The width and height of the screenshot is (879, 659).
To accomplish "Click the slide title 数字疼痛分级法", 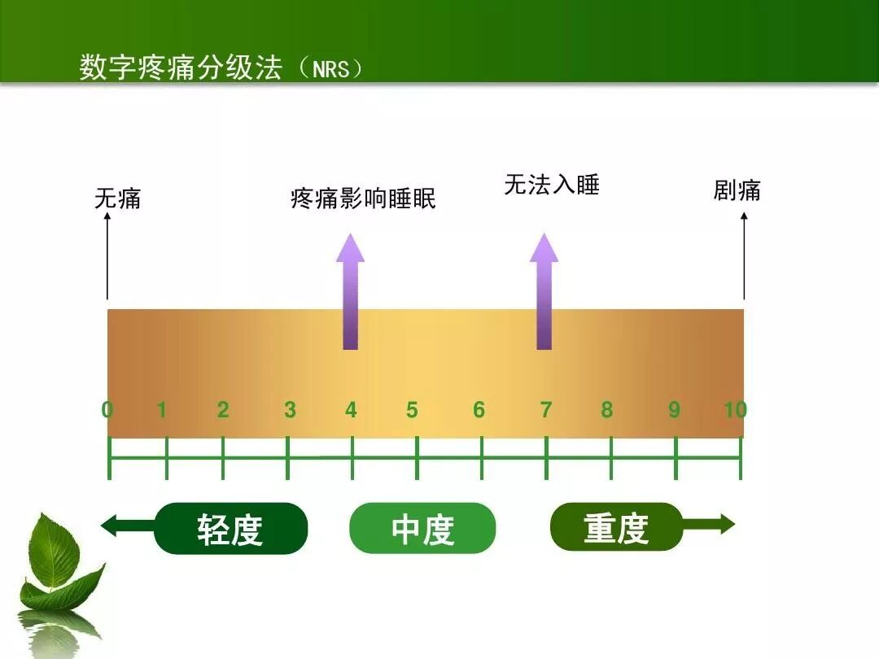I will tap(181, 68).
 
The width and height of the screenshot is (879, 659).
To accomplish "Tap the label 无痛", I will tap(118, 198).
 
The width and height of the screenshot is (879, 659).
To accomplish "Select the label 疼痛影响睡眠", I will tap(363, 199).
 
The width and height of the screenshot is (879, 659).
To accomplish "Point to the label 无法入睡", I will tap(552, 185).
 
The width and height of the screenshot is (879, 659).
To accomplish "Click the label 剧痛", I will tap(737, 191).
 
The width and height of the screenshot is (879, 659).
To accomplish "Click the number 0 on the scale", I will tap(107, 410).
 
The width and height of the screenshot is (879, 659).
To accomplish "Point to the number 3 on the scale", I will tap(290, 410).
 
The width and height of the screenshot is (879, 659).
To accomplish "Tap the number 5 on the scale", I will tap(412, 410).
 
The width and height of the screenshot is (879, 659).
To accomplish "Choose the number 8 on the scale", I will tap(606, 410).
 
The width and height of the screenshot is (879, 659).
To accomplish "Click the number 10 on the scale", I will tap(735, 410).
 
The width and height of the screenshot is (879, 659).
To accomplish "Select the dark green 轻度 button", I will tap(230, 529).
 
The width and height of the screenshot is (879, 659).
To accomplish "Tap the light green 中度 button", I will tap(422, 529).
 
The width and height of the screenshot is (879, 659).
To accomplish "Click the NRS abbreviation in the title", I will tap(331, 69).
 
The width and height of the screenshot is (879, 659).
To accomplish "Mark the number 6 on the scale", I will tap(479, 410).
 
